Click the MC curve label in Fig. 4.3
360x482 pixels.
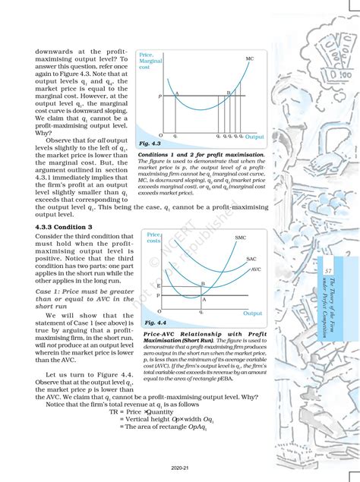point(250,58)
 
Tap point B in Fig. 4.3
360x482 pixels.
point(228,93)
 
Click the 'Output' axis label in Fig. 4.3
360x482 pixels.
point(254,137)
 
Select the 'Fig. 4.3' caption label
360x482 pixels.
point(150,143)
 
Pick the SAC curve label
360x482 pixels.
point(252,260)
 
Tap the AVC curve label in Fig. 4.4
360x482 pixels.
point(255,269)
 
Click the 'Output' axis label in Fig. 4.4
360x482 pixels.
point(252,313)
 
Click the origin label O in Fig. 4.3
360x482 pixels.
point(150,135)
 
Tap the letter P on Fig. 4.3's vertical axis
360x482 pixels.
point(159,97)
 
